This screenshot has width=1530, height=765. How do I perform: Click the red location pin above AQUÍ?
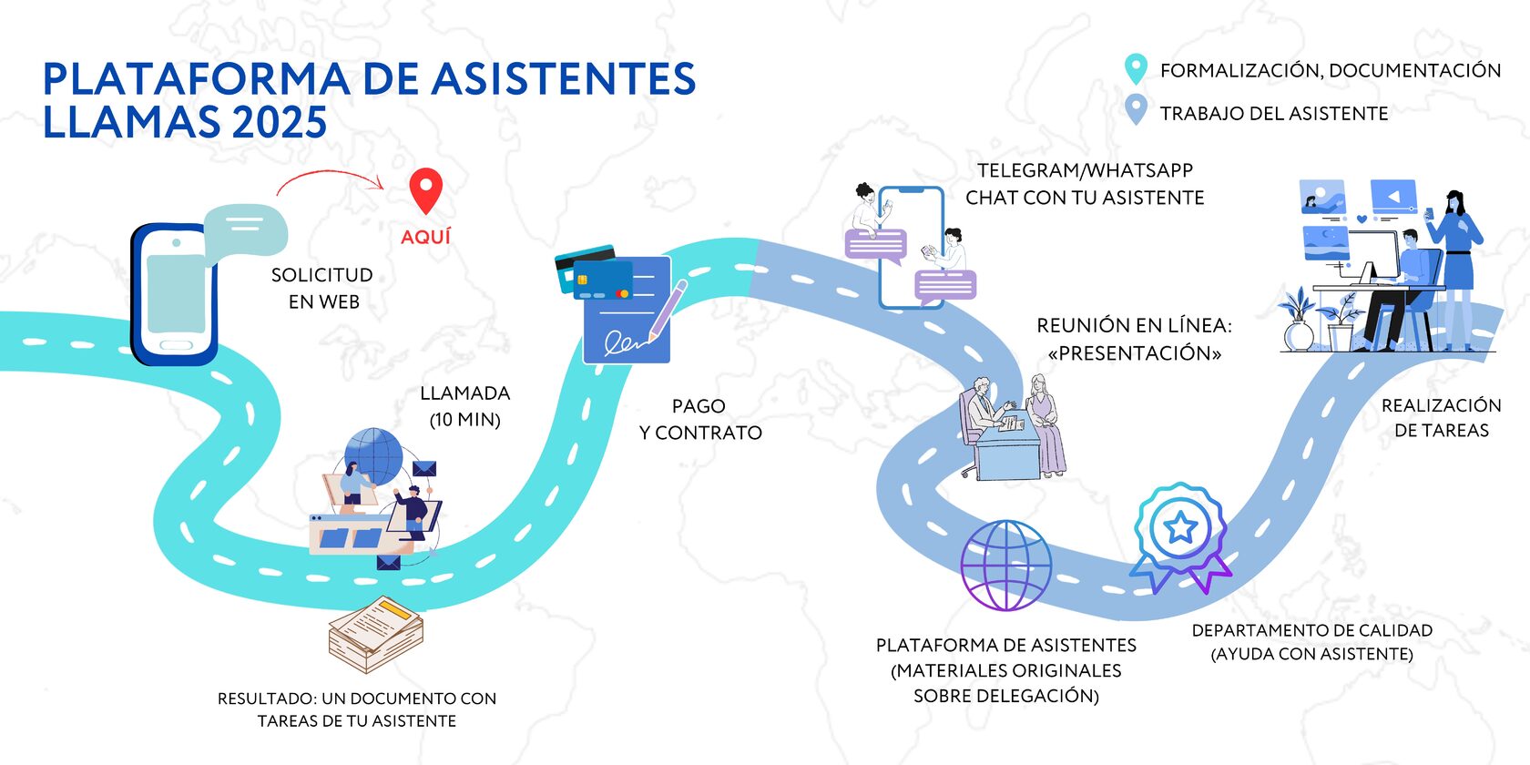point(425,189)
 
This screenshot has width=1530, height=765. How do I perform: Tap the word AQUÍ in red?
point(425,237)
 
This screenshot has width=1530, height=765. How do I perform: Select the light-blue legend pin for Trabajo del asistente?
point(1135,110)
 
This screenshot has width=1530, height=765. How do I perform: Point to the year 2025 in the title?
point(279,123)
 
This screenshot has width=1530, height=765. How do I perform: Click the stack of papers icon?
point(376,634)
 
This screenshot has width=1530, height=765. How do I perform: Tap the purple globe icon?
point(1005,566)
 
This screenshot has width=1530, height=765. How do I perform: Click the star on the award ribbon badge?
point(1181,526)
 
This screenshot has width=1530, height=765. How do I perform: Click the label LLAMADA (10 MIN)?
point(464,406)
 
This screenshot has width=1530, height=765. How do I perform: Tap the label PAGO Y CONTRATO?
point(700,420)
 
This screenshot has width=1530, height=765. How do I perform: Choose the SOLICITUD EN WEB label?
point(322,288)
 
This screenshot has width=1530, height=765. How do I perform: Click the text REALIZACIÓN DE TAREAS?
point(1441,418)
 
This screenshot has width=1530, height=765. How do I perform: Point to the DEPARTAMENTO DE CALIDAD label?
point(1311,630)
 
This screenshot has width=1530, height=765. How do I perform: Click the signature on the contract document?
point(627,342)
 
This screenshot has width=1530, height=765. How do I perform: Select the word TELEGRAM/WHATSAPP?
point(1085,170)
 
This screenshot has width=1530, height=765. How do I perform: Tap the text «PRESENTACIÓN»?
point(1134,353)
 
